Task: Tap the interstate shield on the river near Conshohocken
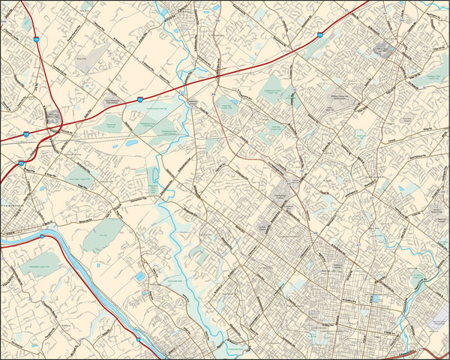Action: (43, 236)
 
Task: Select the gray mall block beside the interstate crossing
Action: (53, 116)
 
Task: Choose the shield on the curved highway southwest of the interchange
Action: (20, 163)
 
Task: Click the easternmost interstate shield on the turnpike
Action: (320, 34)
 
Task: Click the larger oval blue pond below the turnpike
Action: (132, 142)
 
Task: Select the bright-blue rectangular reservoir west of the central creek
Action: (140, 278)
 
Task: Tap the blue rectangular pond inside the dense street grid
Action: (374, 298)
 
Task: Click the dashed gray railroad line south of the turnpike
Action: (112, 138)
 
